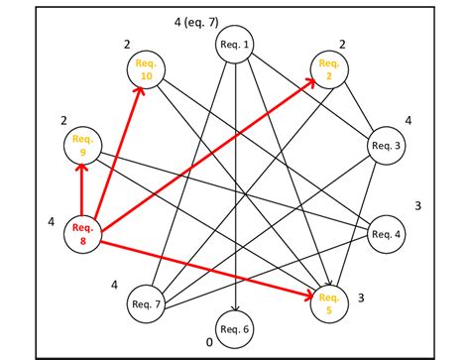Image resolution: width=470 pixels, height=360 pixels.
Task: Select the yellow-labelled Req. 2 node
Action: (x=328, y=70)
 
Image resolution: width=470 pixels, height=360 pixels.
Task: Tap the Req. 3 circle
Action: (x=387, y=145)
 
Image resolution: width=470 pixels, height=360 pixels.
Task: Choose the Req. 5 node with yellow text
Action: (x=328, y=301)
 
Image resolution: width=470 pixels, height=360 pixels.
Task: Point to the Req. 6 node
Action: (x=235, y=328)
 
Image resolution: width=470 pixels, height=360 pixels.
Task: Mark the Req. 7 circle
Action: (x=146, y=303)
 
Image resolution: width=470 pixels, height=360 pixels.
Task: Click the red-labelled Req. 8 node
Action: (x=83, y=234)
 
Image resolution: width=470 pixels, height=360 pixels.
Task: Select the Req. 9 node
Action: (x=83, y=146)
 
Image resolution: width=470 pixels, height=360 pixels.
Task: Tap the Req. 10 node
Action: (x=145, y=70)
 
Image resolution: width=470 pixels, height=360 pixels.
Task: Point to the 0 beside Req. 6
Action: (x=208, y=342)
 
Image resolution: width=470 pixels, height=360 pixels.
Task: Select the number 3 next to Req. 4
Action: (x=418, y=206)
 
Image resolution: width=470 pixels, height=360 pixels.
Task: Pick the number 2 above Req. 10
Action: (x=127, y=45)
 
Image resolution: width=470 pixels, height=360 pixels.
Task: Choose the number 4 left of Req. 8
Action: (x=51, y=222)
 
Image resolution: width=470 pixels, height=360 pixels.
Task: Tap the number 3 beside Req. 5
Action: (x=361, y=298)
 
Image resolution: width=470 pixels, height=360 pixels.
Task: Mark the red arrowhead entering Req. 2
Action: (x=309, y=83)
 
